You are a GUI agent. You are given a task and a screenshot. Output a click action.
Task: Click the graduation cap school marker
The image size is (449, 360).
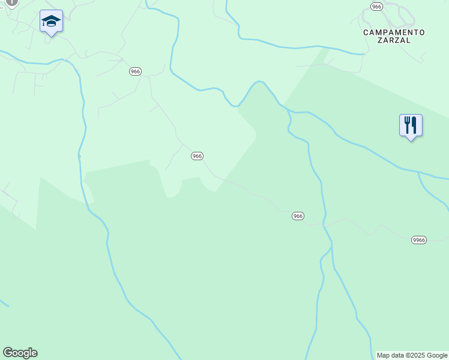[51, 22]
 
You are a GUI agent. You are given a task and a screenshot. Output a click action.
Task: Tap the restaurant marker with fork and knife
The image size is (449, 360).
[411, 125]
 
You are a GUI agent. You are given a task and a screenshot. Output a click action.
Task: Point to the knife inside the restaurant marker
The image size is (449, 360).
[414, 125]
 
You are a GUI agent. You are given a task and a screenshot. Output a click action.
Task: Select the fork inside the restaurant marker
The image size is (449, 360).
[407, 125]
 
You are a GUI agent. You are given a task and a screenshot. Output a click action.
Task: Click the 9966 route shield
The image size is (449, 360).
[419, 240]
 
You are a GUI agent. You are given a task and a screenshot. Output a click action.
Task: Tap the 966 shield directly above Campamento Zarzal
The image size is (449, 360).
[376, 7]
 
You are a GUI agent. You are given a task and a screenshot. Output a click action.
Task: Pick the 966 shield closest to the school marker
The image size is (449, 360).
[135, 71]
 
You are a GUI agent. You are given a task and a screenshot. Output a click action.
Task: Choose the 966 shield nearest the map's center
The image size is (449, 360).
[197, 156]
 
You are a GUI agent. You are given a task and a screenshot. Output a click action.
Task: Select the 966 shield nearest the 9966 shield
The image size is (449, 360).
[298, 216]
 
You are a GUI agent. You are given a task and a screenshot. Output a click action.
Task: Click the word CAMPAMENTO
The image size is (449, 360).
[394, 32]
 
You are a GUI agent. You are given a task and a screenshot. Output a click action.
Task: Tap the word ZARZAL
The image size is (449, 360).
[394, 41]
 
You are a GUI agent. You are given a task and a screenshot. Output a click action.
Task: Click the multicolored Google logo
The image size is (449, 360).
[20, 353]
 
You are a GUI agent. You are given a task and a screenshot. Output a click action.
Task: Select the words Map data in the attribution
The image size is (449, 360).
[390, 355]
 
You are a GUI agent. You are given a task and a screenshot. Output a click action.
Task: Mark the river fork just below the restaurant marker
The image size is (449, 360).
[419, 172]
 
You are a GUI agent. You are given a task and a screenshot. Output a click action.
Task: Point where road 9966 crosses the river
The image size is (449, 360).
[324, 224]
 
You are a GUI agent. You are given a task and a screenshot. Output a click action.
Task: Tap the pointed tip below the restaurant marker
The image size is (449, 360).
[411, 140]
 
